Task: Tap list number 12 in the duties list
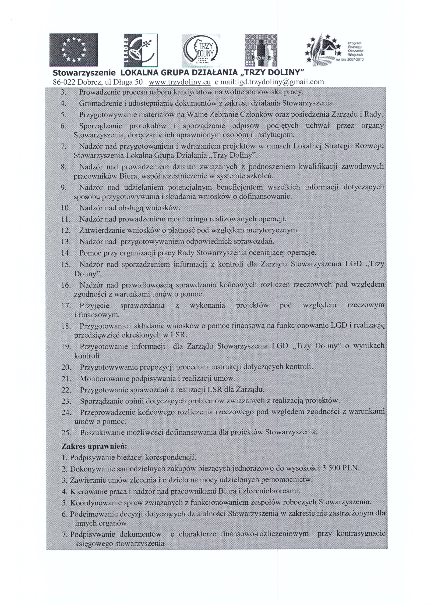[65, 230]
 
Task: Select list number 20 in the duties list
[66, 368]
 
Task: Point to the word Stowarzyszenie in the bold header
[84, 73]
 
